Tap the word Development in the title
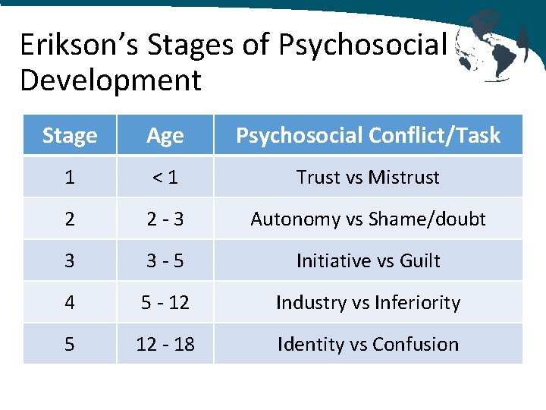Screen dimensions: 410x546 point(111,80)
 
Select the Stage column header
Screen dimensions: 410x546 point(70,136)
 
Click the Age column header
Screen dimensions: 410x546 point(165,136)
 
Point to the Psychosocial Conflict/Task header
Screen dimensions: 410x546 point(368,136)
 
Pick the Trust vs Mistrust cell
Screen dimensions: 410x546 point(368,178)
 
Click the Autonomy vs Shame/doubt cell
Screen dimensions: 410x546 point(368,219)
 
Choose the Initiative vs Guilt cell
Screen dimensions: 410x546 point(368,261)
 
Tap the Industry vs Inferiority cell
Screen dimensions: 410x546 point(368,303)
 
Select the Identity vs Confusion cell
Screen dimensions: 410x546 point(368,345)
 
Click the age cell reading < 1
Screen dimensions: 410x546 point(165,178)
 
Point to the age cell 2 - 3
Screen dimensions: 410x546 point(165,219)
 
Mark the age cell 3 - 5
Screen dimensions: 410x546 point(165,261)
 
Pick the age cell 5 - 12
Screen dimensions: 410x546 point(165,303)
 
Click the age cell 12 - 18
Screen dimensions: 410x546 point(165,345)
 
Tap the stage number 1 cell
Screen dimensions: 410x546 point(70,178)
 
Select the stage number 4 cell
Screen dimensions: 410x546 point(70,303)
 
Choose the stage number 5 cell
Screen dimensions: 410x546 point(70,345)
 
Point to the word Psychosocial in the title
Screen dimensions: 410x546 point(362,46)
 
